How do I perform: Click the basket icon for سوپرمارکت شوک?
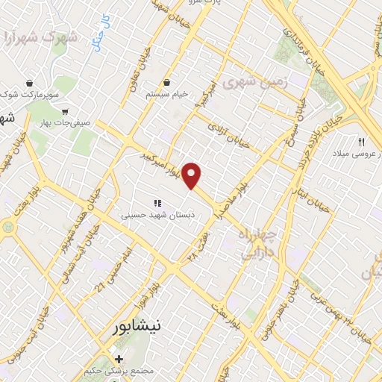[x=29, y=83]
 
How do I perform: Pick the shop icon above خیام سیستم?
[x=166, y=83]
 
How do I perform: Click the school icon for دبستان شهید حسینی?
[x=157, y=202]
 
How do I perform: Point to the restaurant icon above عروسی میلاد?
[x=362, y=142]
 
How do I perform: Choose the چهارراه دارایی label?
[x=257, y=244]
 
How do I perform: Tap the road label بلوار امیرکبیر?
[x=163, y=163]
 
